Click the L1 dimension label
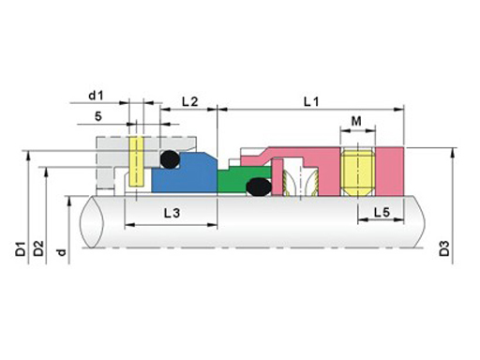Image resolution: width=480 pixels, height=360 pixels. click(311, 101)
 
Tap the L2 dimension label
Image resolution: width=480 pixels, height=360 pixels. click(190, 101)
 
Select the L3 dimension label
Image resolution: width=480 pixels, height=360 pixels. click(172, 213)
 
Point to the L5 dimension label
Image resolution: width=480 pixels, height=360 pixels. click(382, 213)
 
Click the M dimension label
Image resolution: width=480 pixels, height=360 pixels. click(356, 121)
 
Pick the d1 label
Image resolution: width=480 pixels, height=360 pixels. click(96, 96)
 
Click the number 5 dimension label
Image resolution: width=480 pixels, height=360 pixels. click(98, 116)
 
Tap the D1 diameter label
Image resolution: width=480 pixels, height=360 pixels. click(21, 248)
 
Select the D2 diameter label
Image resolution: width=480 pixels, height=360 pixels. click(38, 248)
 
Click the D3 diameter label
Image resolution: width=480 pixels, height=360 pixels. click(444, 248)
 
